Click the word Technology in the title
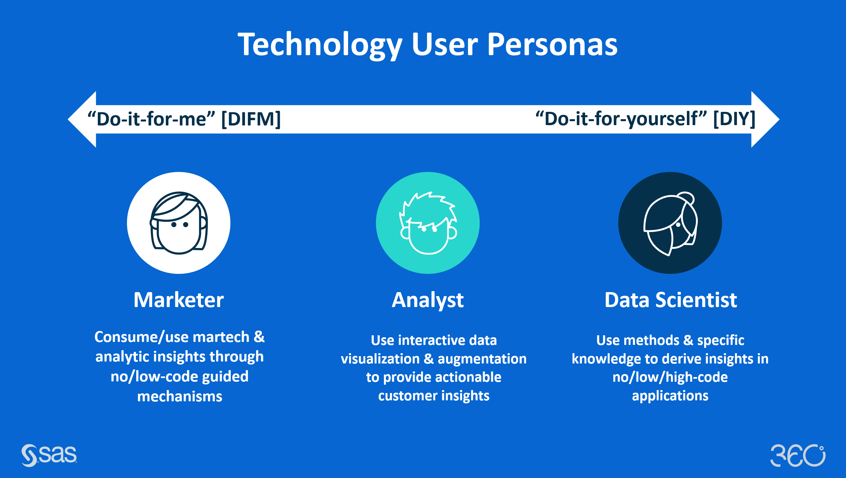(320, 45)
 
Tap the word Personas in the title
(552, 44)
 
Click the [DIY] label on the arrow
(734, 119)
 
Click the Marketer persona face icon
(179, 223)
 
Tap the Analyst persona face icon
(428, 223)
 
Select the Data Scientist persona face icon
(670, 223)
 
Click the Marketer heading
(179, 300)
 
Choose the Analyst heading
(428, 300)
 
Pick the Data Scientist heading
(671, 300)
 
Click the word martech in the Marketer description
(221, 337)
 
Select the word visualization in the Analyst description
(380, 359)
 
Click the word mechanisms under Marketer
(180, 396)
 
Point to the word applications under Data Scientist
(670, 396)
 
